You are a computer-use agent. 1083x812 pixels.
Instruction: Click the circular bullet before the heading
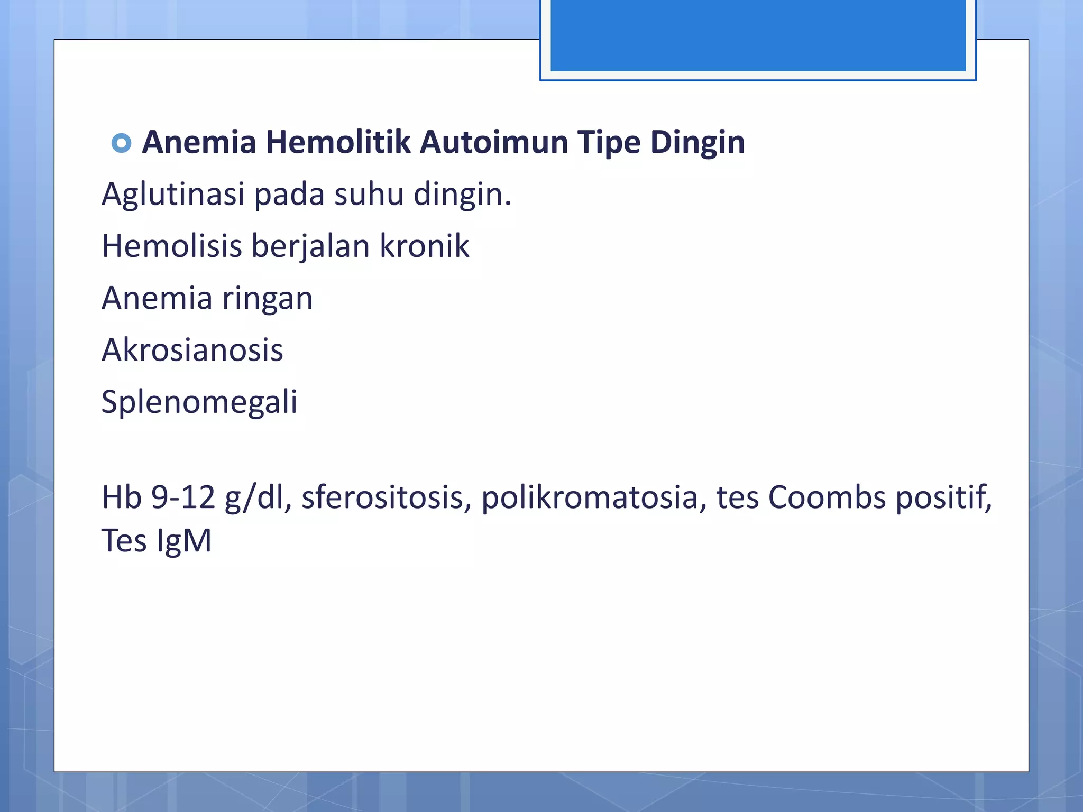coord(122,143)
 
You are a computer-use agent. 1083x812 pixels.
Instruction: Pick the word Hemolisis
coord(171,246)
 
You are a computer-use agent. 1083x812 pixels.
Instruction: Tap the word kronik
coord(424,246)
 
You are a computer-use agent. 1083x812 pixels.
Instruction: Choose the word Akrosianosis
coord(192,350)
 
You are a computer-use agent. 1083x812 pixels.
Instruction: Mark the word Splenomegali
coord(199,402)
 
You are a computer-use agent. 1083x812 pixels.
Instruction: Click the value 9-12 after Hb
coord(183,497)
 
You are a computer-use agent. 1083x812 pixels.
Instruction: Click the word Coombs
coord(827,497)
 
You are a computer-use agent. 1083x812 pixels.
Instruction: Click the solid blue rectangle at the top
coord(758,35)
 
